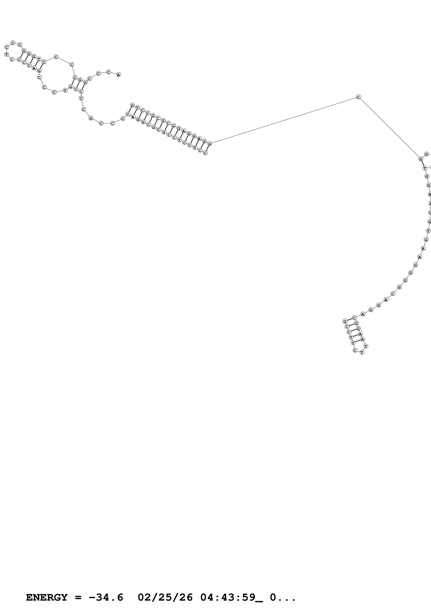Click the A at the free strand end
pos(118,75)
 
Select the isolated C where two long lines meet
pos(359,97)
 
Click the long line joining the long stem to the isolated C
pos(284,120)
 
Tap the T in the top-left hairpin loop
pos(6,54)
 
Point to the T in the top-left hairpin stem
pos(39,59)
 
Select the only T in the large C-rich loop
pos(65,90)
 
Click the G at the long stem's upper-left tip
pos(132,105)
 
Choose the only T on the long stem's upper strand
pos(137,108)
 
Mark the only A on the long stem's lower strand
pos(133,117)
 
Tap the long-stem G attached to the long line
pos(210,144)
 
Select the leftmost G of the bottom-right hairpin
pos(345,322)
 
